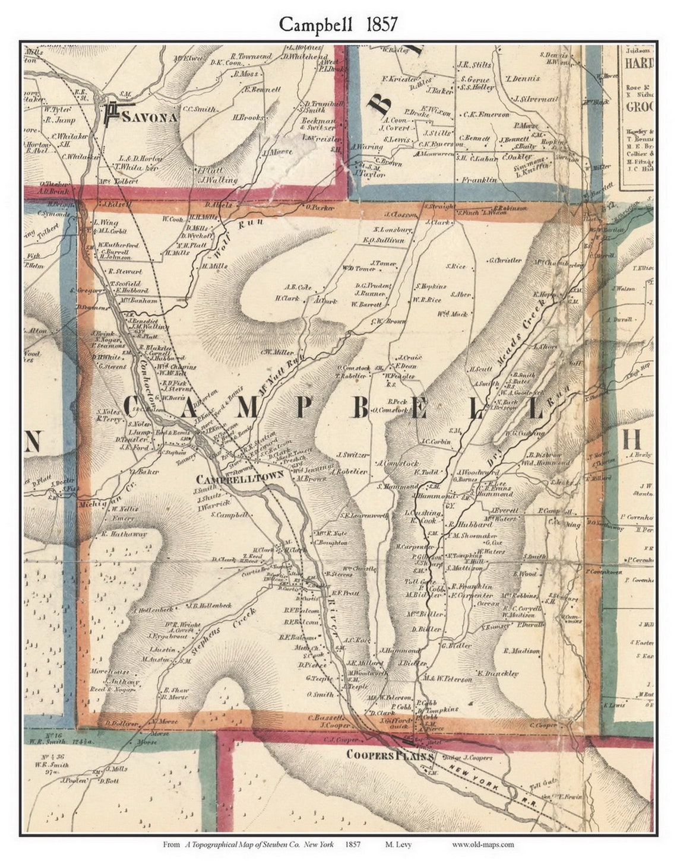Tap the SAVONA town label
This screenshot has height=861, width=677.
(x=150, y=117)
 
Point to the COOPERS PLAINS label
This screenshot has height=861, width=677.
(x=391, y=755)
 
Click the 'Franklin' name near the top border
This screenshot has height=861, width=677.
(x=479, y=179)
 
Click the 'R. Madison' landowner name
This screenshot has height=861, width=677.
(x=521, y=651)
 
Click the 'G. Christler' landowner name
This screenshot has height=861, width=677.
(x=504, y=260)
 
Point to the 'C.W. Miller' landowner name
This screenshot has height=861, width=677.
(x=277, y=351)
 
